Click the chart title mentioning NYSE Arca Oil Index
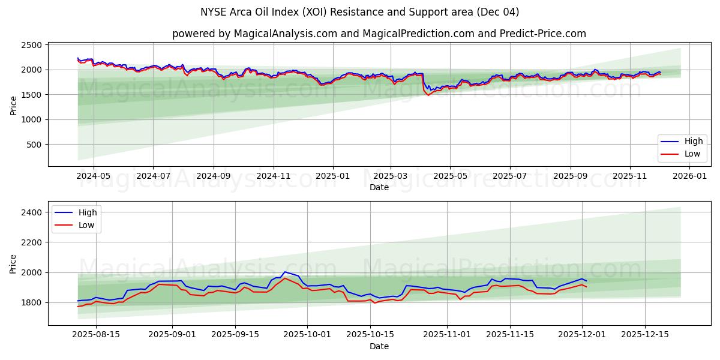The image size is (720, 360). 360,12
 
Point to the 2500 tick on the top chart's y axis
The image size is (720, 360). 31,45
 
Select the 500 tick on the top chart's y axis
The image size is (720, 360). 34,145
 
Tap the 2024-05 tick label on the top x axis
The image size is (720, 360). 94,176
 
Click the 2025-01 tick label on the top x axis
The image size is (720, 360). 332,176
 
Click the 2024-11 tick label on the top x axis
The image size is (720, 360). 274,176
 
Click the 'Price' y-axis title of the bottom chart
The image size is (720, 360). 13,263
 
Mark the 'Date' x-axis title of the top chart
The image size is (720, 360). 379,187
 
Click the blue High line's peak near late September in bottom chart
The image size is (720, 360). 285,272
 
